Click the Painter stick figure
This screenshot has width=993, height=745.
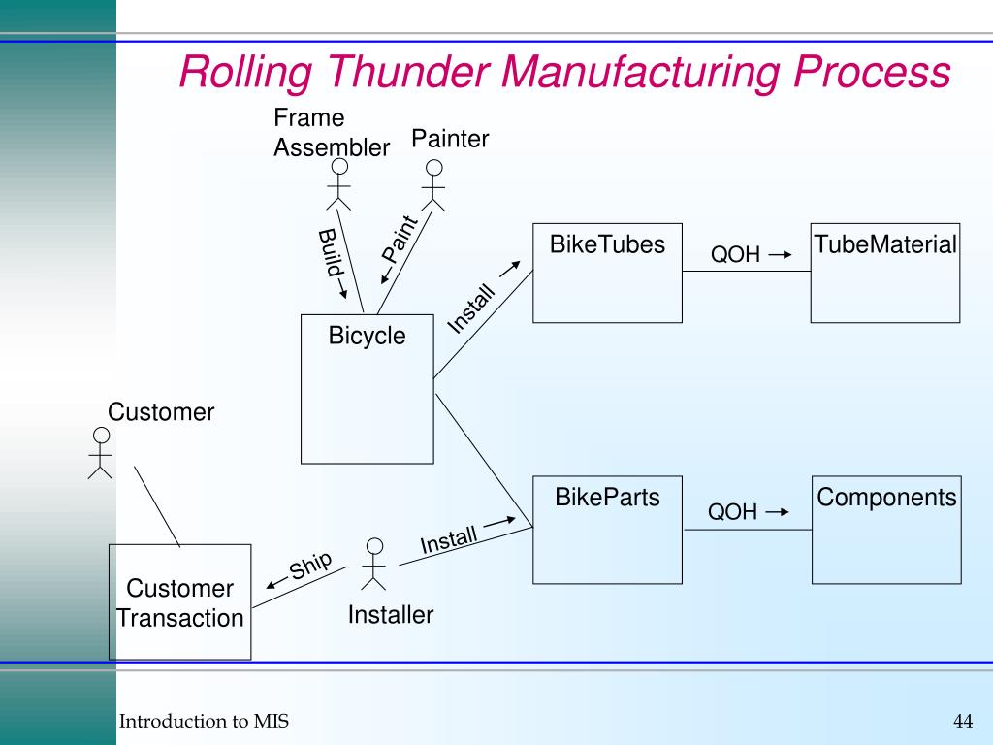tap(433, 185)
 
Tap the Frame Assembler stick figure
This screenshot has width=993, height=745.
tap(339, 183)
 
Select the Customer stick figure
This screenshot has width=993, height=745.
tap(101, 453)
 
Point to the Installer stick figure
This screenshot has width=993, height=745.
tap(374, 564)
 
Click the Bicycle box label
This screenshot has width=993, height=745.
tap(367, 335)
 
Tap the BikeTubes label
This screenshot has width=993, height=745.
tap(607, 243)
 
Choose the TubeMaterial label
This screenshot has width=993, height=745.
tap(885, 243)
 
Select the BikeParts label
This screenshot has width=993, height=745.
tap(607, 497)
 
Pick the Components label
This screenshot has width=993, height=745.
tap(886, 498)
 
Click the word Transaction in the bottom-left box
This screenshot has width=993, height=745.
tap(179, 618)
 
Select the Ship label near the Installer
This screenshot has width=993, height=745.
tap(310, 565)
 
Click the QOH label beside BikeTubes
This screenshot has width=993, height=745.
tap(735, 254)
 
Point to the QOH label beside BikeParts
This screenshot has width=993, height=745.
tap(732, 511)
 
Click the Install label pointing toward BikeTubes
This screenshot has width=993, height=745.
tap(471, 308)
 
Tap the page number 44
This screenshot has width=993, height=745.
tap(963, 721)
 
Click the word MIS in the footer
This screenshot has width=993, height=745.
tap(272, 721)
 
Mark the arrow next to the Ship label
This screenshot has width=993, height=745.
tap(276, 583)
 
